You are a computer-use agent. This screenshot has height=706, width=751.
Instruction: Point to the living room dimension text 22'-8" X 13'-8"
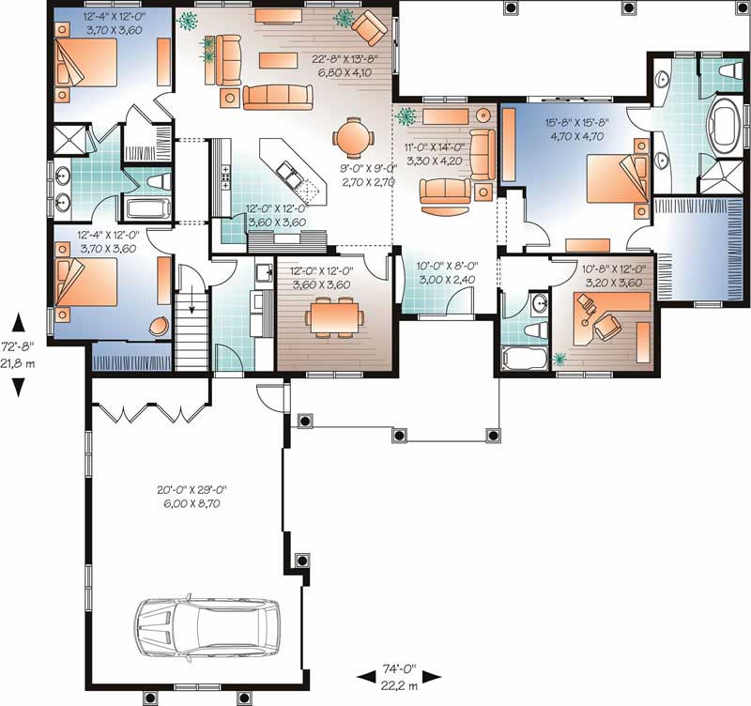(x=345, y=64)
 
